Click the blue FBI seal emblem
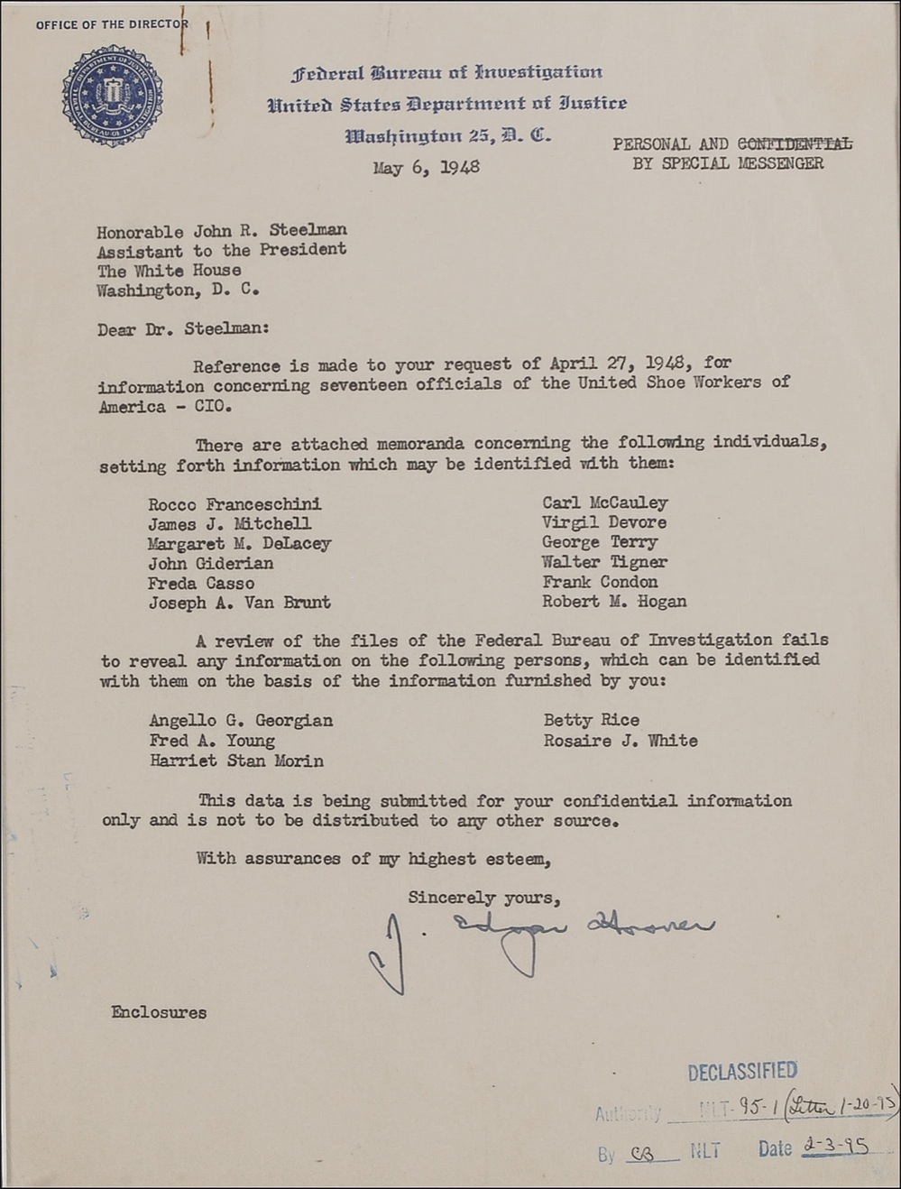click(113, 96)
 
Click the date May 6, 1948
click(426, 167)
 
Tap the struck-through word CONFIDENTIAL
click(794, 143)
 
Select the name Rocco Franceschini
click(234, 504)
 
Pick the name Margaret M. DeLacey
click(240, 544)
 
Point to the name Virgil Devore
click(604, 522)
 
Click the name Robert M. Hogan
click(614, 602)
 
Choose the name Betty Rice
click(592, 720)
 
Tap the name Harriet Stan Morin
click(236, 760)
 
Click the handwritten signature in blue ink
click(541, 943)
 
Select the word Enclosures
click(159, 1012)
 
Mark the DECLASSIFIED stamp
click(742, 1072)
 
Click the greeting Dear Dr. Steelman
click(183, 329)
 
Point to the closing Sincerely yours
click(484, 898)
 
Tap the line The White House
click(170, 271)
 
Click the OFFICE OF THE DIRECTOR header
click(112, 24)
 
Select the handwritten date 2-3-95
click(835, 1147)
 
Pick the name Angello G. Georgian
click(241, 721)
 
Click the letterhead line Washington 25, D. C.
click(448, 136)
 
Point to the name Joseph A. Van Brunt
click(240, 603)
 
